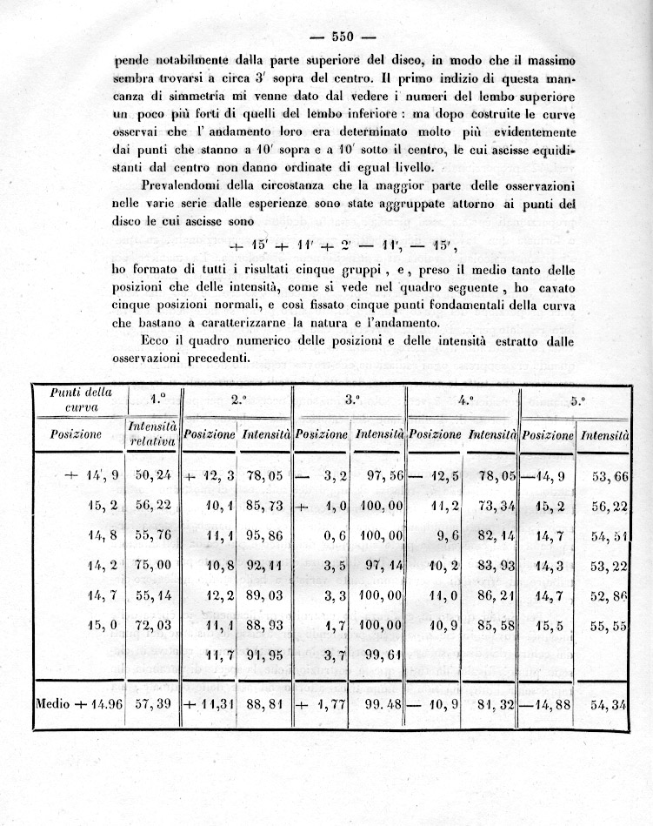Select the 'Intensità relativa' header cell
(153, 433)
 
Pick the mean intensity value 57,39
(153, 703)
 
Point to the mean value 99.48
(380, 703)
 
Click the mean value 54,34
(604, 703)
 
